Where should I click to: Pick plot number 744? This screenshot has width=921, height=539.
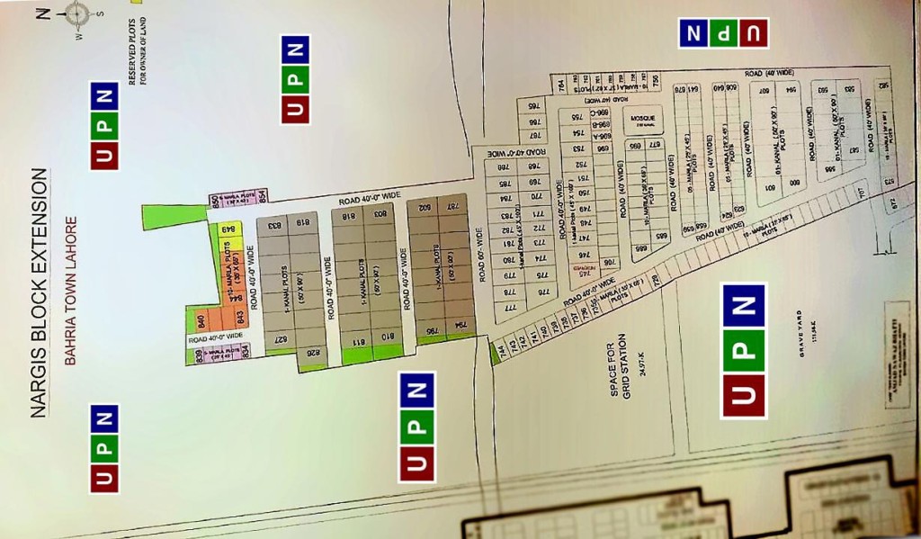(501, 346)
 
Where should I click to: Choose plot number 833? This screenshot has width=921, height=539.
(269, 226)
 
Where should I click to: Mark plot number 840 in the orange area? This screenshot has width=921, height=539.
(202, 320)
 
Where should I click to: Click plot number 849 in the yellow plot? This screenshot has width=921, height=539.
(228, 228)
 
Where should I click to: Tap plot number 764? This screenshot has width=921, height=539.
(560, 85)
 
